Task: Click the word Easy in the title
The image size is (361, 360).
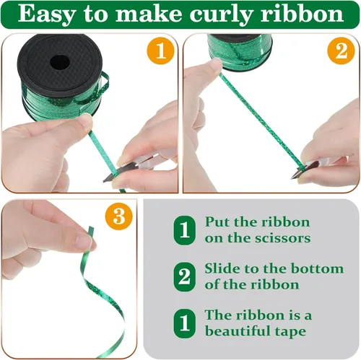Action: click(x=46, y=14)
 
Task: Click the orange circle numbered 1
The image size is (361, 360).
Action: click(x=160, y=51)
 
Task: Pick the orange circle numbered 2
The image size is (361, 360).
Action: click(x=341, y=51)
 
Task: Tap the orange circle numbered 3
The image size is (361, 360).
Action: click(x=119, y=216)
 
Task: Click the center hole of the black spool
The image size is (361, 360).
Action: click(x=60, y=62)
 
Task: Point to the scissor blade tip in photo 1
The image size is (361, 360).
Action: click(x=104, y=181)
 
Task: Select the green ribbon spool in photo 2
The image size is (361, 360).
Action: click(x=240, y=50)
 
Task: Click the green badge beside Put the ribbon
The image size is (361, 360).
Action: click(x=185, y=231)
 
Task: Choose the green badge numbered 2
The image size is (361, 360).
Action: click(x=185, y=277)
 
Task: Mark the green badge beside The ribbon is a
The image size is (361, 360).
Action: click(x=185, y=323)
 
